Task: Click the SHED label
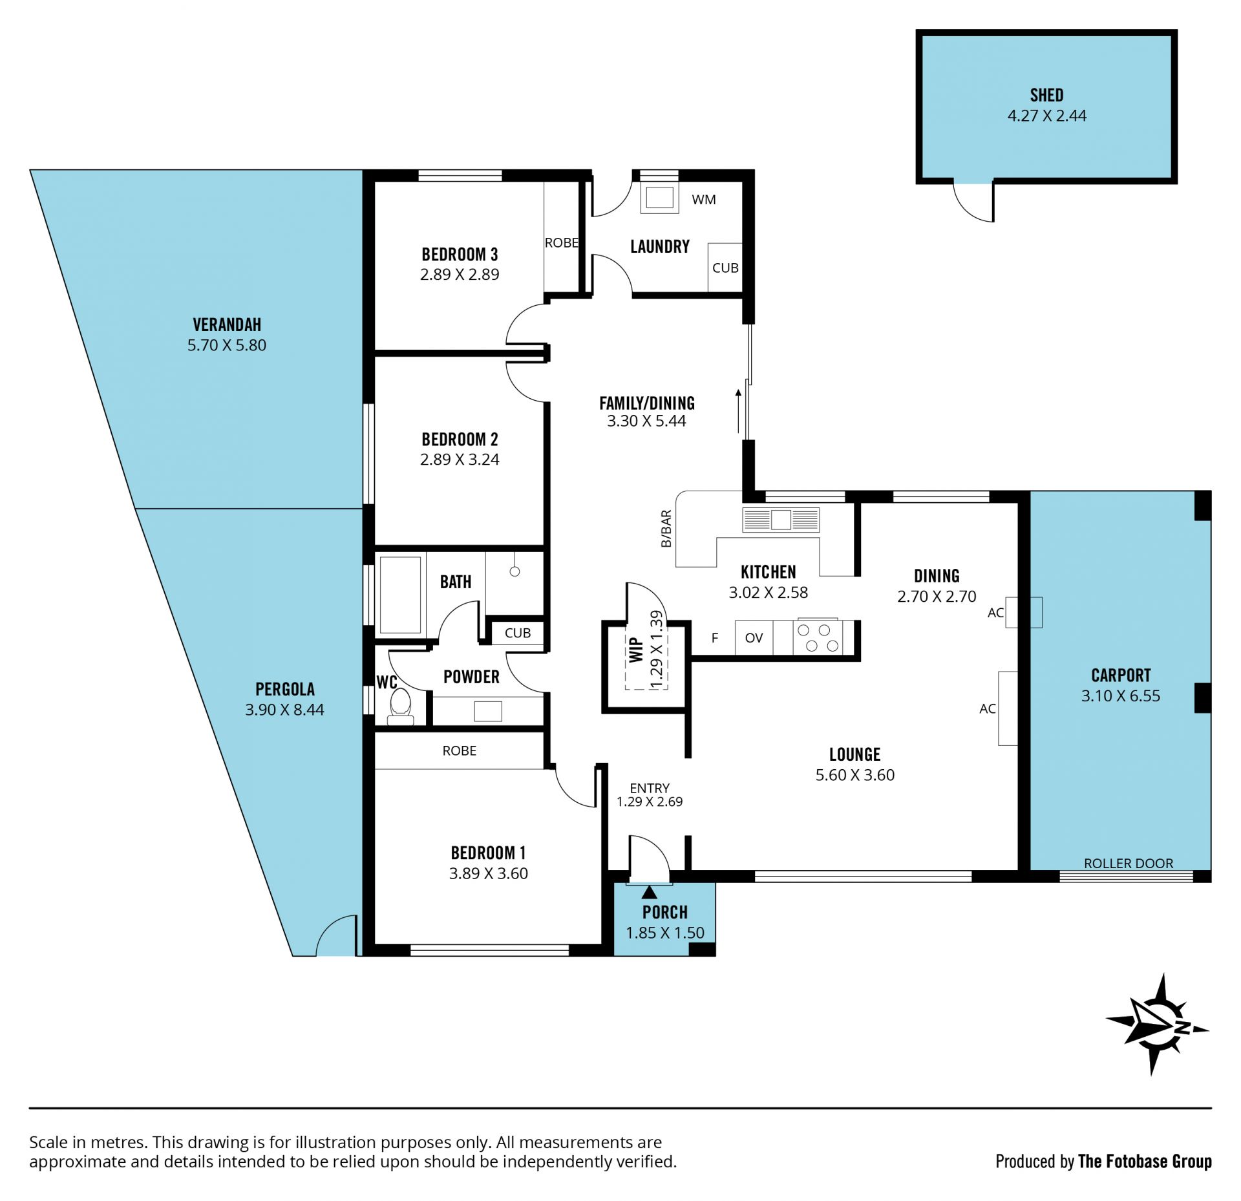pyautogui.click(x=1046, y=95)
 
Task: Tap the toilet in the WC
pyautogui.click(x=401, y=706)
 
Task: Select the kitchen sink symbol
pyautogui.click(x=781, y=520)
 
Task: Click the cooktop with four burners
pyautogui.click(x=818, y=637)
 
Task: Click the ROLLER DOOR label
pyautogui.click(x=1129, y=863)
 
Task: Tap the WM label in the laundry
pyautogui.click(x=704, y=200)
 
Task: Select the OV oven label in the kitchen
pyautogui.click(x=754, y=638)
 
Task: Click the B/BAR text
pyautogui.click(x=666, y=529)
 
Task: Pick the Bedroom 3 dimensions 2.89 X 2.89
pyautogui.click(x=460, y=274)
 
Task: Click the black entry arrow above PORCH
pyautogui.click(x=649, y=892)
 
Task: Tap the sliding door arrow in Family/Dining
pyautogui.click(x=738, y=411)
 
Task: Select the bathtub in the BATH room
pyautogui.click(x=400, y=595)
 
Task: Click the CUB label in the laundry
pyautogui.click(x=725, y=268)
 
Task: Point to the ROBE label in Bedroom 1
pyautogui.click(x=460, y=750)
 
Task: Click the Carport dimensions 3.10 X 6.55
pyautogui.click(x=1121, y=696)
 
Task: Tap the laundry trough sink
pyautogui.click(x=659, y=198)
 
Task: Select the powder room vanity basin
pyautogui.click(x=488, y=711)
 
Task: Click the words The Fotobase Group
pyautogui.click(x=1145, y=1162)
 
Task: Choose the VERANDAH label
pyautogui.click(x=227, y=324)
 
